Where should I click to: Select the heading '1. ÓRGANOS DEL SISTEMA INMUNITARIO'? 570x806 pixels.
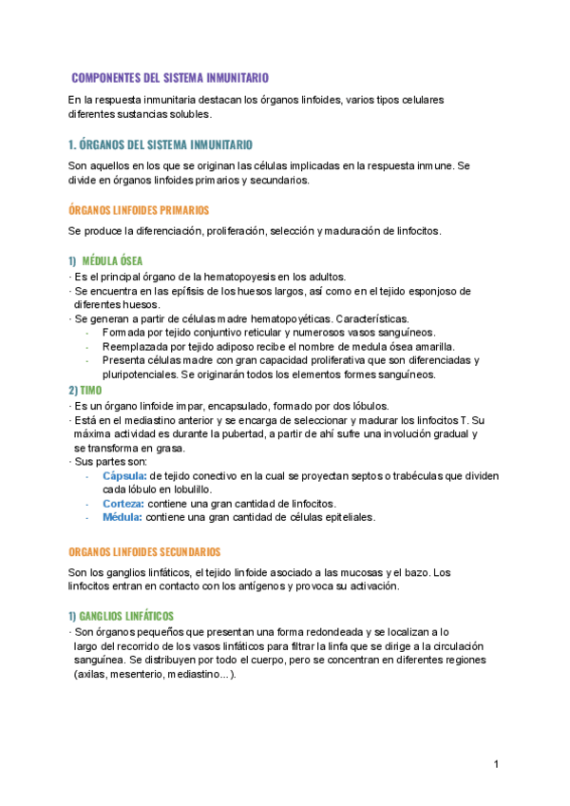[x=161, y=144]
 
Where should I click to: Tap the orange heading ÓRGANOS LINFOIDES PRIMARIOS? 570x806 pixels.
[x=139, y=209]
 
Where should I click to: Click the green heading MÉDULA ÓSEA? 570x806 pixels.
[x=113, y=260]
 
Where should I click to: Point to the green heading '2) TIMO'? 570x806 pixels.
[x=85, y=390]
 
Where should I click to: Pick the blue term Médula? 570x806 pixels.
[x=122, y=517]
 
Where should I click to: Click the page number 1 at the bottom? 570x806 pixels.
[x=496, y=764]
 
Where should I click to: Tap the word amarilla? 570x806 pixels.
[x=430, y=347]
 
